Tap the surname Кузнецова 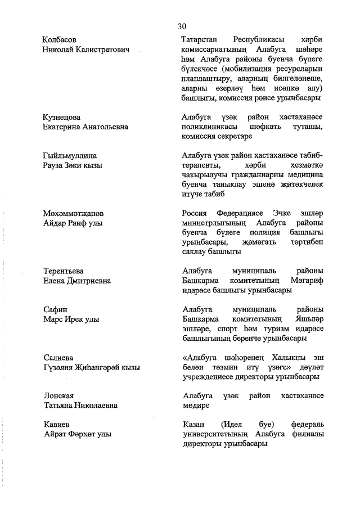[x=62, y=116]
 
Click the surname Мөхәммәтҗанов [x=74, y=214]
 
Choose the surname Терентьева [x=64, y=271]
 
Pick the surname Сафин [x=56, y=309]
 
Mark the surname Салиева [x=59, y=357]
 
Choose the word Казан [x=195, y=424]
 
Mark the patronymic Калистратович [x=98, y=50]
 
